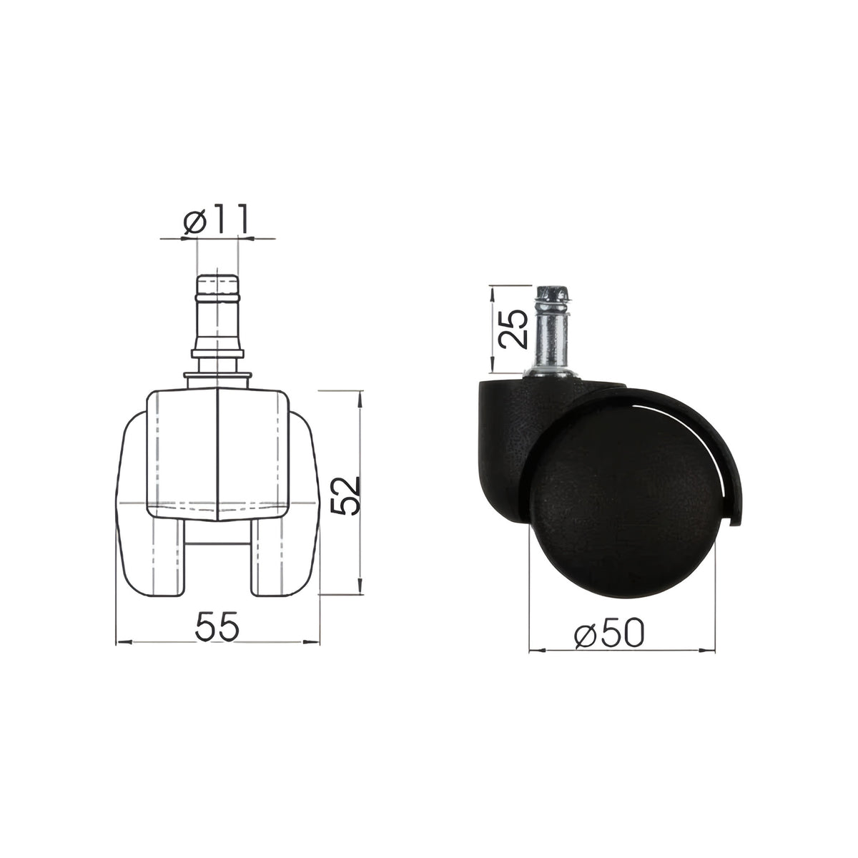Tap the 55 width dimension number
point(217,626)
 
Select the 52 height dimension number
point(346,495)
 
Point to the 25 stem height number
point(513,329)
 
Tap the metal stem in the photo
point(553,330)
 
